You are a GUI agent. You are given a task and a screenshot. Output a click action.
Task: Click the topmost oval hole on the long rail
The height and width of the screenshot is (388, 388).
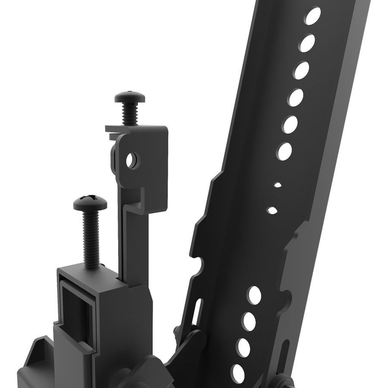(313, 16)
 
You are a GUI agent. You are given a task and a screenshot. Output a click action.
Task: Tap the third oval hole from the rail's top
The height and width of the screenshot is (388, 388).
(302, 70)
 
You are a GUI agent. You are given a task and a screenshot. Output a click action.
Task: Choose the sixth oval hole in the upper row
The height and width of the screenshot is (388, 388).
(285, 151)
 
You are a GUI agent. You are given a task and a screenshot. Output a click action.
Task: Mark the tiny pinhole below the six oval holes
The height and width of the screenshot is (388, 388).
(278, 185)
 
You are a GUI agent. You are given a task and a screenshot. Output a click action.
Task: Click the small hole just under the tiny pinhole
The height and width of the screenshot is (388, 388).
(272, 210)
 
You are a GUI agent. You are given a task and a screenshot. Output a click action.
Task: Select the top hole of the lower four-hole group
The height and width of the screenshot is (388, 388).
(255, 295)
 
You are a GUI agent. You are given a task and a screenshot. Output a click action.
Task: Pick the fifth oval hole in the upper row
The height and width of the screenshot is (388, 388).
(290, 125)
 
